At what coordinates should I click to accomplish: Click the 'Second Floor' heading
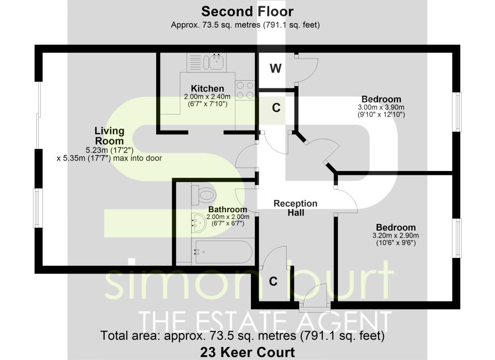click(x=247, y=11)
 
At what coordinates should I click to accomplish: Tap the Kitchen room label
click(x=207, y=88)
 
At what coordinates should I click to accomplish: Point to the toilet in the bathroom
click(x=203, y=195)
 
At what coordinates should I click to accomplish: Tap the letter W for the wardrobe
click(x=275, y=69)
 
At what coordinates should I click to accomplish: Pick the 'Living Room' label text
click(x=109, y=135)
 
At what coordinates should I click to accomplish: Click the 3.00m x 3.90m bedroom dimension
click(x=381, y=107)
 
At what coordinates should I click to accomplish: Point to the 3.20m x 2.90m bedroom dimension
click(x=396, y=235)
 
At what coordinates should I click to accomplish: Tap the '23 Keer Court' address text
click(x=247, y=352)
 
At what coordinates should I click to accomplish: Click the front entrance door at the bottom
click(x=315, y=297)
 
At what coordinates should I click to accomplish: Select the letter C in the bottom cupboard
click(x=273, y=282)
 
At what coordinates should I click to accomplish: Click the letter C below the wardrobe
click(x=276, y=108)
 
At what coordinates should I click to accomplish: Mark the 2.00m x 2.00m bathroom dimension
click(x=226, y=217)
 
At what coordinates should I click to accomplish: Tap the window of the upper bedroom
click(x=457, y=111)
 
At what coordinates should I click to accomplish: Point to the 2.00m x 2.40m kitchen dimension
click(x=207, y=97)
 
